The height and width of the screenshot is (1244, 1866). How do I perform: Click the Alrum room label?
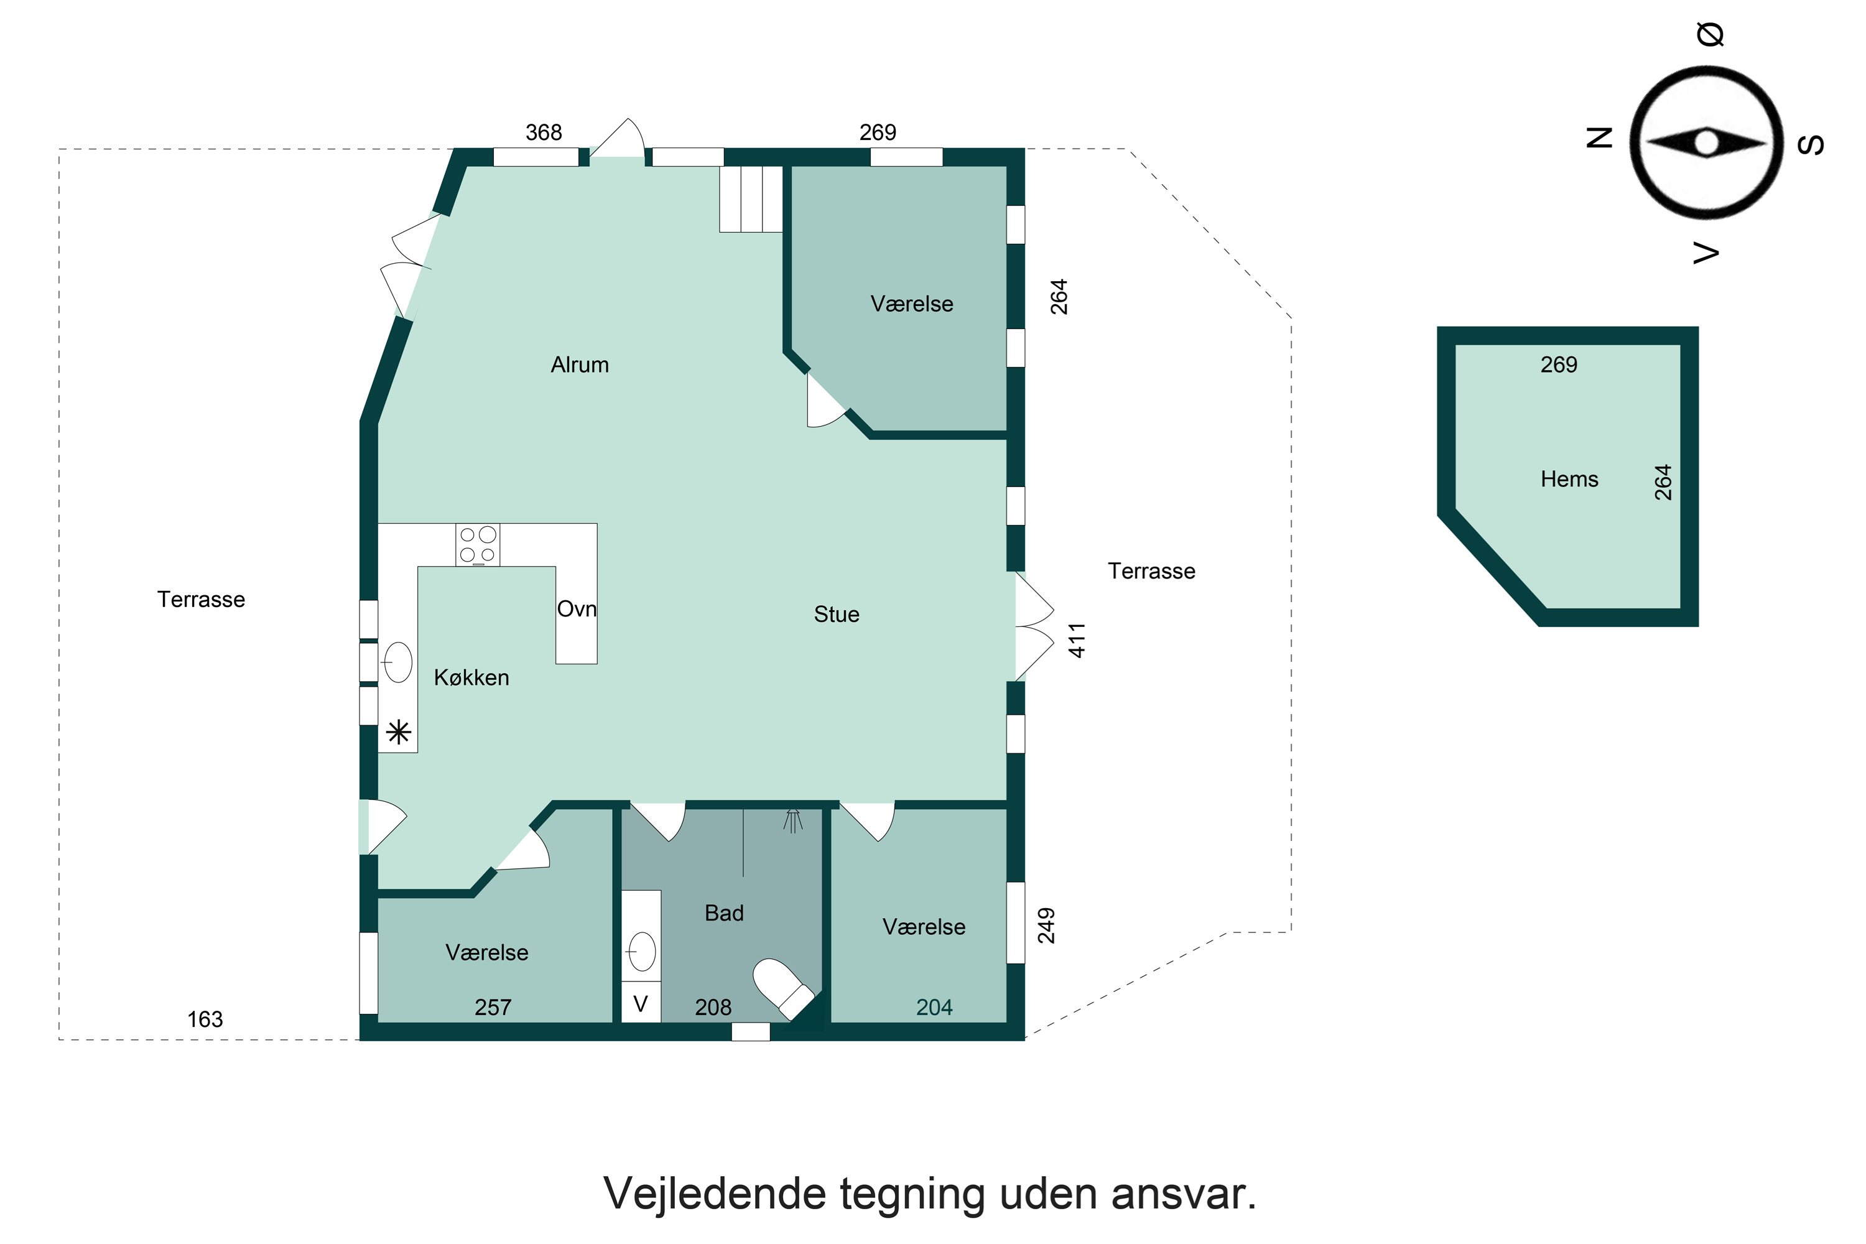coord(579,365)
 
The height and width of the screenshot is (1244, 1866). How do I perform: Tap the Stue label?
coord(836,614)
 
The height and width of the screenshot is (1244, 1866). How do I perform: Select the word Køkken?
coord(471,677)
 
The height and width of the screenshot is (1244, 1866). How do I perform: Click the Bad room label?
coord(723,913)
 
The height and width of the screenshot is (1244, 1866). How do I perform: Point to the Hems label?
coord(1569,479)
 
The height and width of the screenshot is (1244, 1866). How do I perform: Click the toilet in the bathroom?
coord(781,988)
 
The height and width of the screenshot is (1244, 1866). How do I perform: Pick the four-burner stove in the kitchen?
coord(478,545)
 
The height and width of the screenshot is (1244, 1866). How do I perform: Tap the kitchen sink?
coord(398,662)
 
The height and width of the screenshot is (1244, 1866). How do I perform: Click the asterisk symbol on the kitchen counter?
coord(398,731)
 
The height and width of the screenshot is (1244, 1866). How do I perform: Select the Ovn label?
coord(576,610)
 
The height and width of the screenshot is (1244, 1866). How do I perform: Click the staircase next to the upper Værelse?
coord(751,199)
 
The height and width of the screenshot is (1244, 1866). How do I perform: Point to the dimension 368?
coord(544,132)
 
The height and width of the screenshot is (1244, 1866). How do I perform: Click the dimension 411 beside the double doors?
coord(1077,640)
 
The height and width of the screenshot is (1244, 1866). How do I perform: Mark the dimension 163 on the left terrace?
coord(205,1019)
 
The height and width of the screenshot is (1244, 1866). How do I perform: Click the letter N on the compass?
coord(1599,138)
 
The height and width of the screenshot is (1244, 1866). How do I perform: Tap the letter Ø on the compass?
coord(1710,34)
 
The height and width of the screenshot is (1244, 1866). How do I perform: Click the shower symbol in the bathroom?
coord(792,820)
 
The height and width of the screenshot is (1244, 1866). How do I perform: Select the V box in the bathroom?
coord(640,1005)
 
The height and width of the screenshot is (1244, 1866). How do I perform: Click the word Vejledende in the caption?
coord(713,1193)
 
